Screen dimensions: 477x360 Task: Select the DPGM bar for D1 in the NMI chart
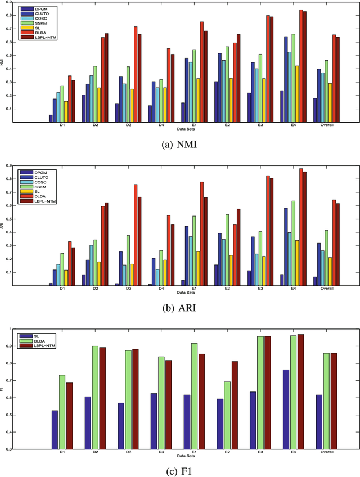coord(51,119)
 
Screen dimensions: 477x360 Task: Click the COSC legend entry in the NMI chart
coord(39,19)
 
